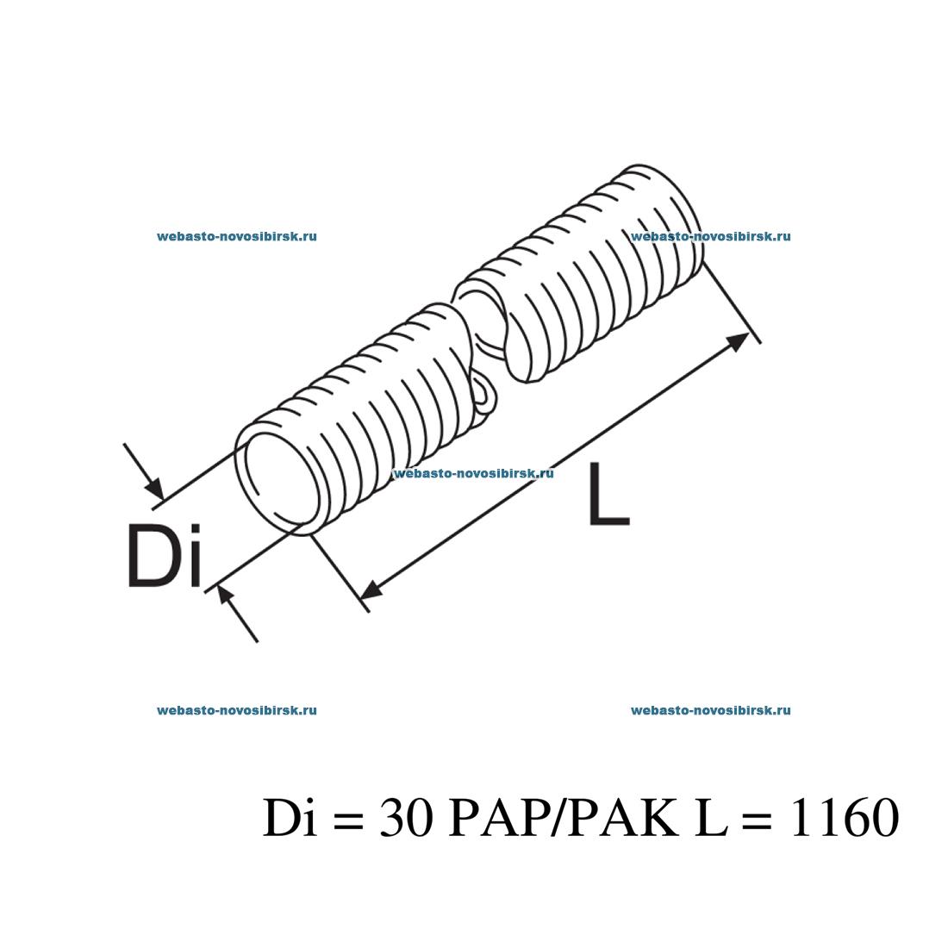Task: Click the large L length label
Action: pos(608,494)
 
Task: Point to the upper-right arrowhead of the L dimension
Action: pos(737,340)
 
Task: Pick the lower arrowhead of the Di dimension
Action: pos(227,595)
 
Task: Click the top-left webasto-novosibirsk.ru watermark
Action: pos(237,236)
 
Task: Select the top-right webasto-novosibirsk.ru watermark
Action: pos(711,236)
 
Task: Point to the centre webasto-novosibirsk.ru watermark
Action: pos(473,473)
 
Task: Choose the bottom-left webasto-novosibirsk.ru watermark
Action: pos(237,711)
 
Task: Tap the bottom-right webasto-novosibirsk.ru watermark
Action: pos(711,711)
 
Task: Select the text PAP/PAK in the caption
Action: pos(564,818)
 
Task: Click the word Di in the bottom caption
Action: pos(287,818)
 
